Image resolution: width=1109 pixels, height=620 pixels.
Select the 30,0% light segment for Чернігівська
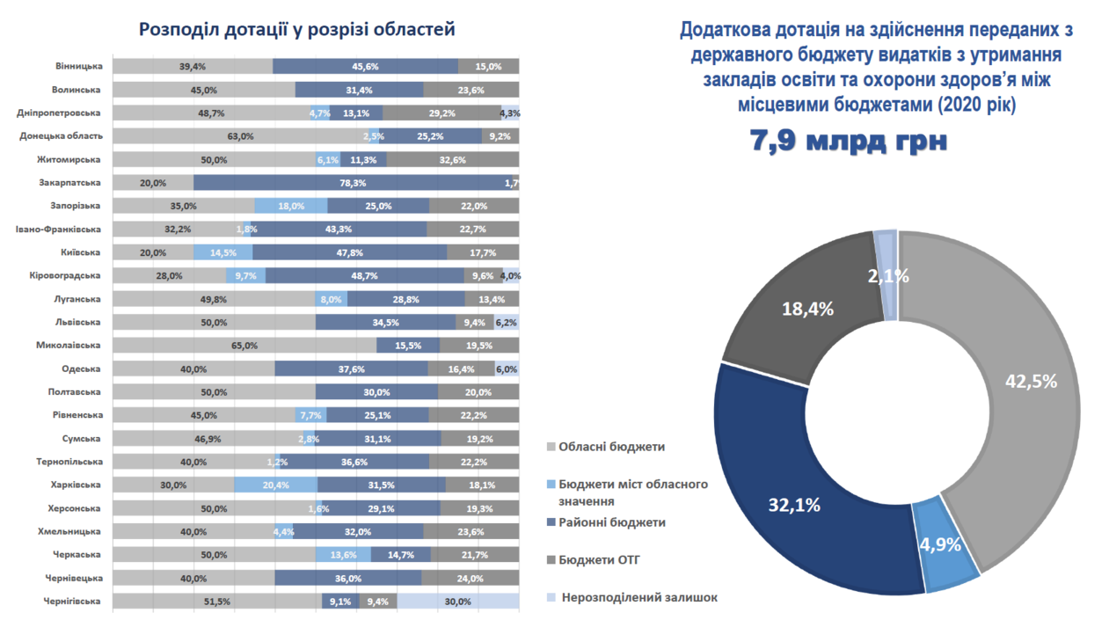[x=457, y=602]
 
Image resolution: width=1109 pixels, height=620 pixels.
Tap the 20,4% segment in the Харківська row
[x=275, y=485]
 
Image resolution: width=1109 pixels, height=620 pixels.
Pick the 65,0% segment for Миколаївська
[x=244, y=346]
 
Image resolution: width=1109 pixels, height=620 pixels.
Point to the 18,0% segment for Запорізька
[x=290, y=206]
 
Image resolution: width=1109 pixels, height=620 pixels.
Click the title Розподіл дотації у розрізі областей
[x=297, y=30]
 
